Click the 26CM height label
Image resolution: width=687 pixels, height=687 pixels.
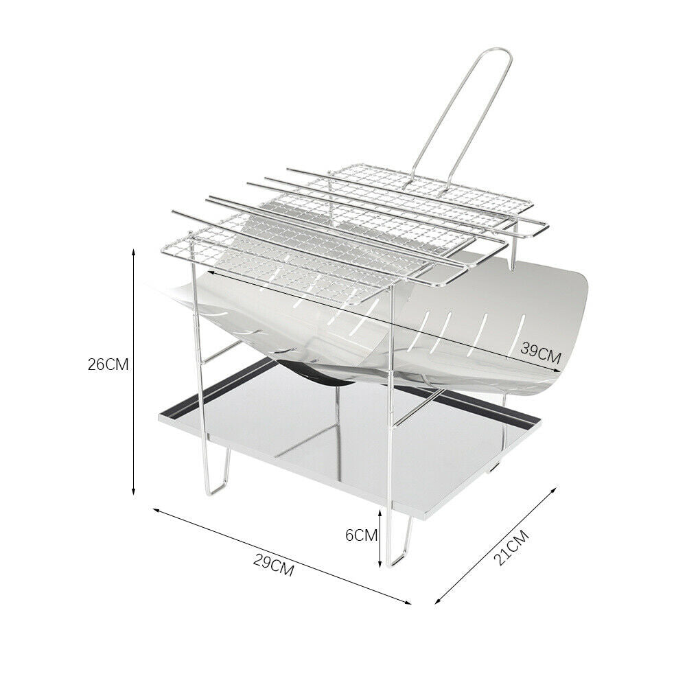(108, 364)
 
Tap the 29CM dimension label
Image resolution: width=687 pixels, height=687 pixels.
(273, 566)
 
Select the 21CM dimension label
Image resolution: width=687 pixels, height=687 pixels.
(511, 548)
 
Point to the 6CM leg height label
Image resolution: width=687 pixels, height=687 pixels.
(362, 535)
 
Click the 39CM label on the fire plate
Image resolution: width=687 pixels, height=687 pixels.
(541, 353)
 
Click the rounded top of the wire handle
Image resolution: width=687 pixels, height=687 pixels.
(500, 51)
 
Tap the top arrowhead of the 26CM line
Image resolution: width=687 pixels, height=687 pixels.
(134, 253)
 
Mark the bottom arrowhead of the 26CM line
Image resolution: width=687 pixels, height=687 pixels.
(134, 491)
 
